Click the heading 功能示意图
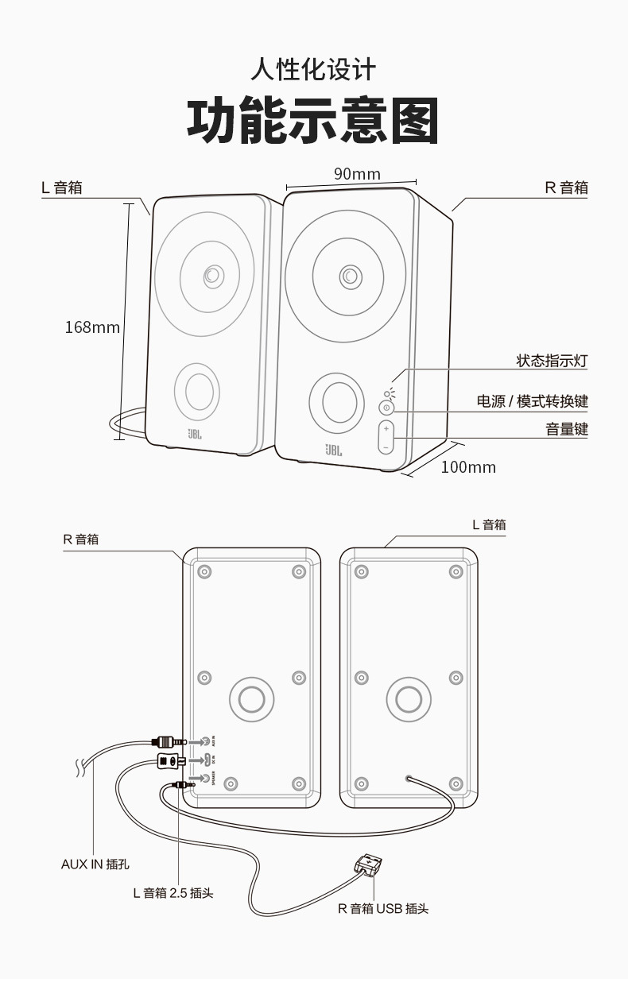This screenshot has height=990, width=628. coord(312,122)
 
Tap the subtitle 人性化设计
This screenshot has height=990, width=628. coord(312,70)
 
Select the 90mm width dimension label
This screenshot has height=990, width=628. coord(357,174)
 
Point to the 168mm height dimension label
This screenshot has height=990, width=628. coord(92,327)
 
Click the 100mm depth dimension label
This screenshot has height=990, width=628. coord(468,467)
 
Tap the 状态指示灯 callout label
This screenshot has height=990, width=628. coord(552,361)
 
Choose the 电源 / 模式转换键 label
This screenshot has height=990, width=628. coord(532,401)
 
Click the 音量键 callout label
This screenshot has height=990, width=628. coord(566,429)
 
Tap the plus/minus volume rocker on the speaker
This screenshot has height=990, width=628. coord(386,438)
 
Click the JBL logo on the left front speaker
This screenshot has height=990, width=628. coord(196,434)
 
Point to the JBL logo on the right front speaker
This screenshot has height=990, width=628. coord(333,450)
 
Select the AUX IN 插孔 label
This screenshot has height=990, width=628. coord(95,864)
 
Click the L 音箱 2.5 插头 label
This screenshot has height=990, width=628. coord(173,892)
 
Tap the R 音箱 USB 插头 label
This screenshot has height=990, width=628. coord(383,908)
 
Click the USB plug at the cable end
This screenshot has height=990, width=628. coord(368,863)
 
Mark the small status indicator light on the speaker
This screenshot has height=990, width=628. coord(387,393)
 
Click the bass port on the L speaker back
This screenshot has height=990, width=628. coord(409,699)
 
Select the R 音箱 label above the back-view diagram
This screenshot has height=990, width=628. coord(81,539)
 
